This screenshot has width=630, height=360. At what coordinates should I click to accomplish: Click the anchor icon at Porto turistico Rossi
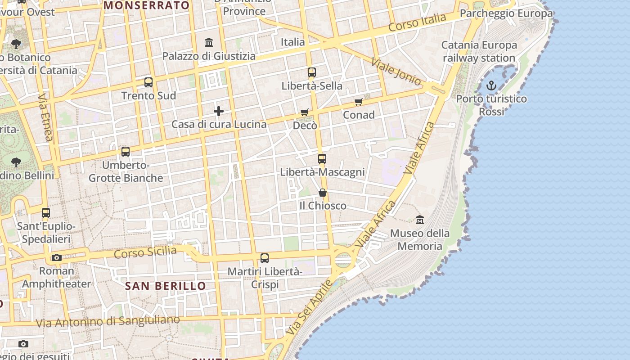click(491, 85)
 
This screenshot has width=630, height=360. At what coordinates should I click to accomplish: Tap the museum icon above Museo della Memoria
click(420, 220)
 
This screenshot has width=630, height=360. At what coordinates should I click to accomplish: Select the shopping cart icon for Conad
click(358, 102)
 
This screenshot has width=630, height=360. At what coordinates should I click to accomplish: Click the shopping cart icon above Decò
click(305, 112)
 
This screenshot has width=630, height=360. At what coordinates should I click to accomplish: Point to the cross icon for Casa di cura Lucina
click(219, 111)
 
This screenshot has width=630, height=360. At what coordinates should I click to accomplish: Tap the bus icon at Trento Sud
click(148, 82)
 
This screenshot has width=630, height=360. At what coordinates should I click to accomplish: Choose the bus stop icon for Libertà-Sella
click(311, 72)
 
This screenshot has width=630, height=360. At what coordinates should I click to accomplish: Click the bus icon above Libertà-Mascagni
click(322, 158)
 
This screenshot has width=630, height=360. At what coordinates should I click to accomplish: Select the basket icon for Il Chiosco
click(323, 193)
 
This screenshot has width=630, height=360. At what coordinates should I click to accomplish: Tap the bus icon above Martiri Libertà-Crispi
click(265, 258)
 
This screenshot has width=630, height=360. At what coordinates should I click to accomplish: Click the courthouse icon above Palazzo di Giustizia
click(209, 43)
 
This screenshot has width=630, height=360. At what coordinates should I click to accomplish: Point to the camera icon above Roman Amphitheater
click(56, 258)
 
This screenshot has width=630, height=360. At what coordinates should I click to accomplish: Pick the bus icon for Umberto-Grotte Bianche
click(126, 152)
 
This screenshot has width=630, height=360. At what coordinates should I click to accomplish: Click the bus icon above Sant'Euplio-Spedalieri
click(46, 213)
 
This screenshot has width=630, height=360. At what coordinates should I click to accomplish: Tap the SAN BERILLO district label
click(165, 286)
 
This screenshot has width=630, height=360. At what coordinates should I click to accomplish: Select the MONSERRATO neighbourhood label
click(147, 5)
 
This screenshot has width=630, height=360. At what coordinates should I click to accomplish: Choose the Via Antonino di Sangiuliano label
click(108, 321)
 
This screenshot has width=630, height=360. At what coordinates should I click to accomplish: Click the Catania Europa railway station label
click(479, 51)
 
